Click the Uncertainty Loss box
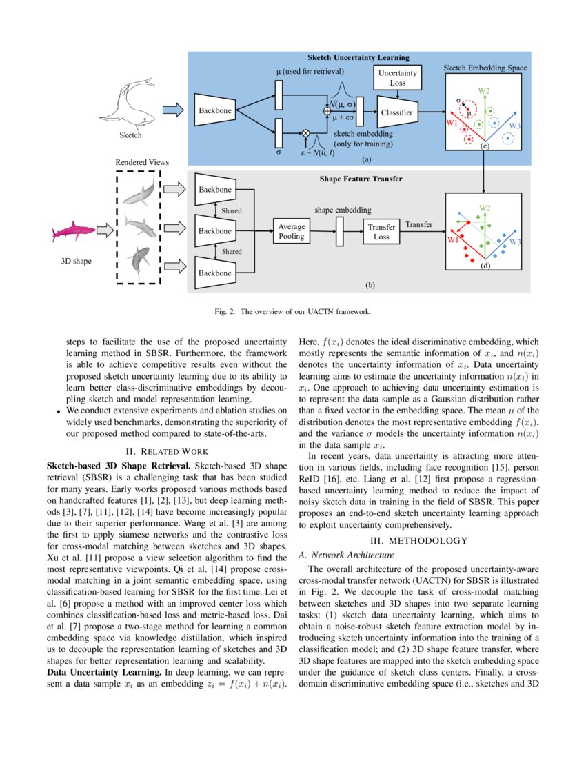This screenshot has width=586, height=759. [x=397, y=78]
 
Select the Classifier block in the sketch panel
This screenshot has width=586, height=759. [x=396, y=112]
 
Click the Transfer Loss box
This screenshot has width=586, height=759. [x=381, y=231]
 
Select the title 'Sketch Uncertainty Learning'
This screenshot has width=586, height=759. [x=358, y=57]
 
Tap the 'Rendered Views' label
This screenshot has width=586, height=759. [x=141, y=162]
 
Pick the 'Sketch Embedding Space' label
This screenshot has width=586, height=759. [x=485, y=68]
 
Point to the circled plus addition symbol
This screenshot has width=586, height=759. [x=326, y=110]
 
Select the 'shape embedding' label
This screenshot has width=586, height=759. [x=343, y=210]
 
